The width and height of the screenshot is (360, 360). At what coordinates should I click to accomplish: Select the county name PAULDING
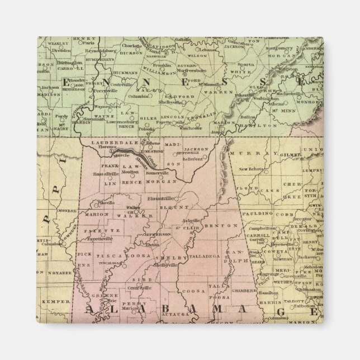pos(258,213)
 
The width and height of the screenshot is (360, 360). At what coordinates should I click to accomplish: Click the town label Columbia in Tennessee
pos(138,96)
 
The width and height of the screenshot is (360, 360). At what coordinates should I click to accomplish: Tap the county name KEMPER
pos(51,301)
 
